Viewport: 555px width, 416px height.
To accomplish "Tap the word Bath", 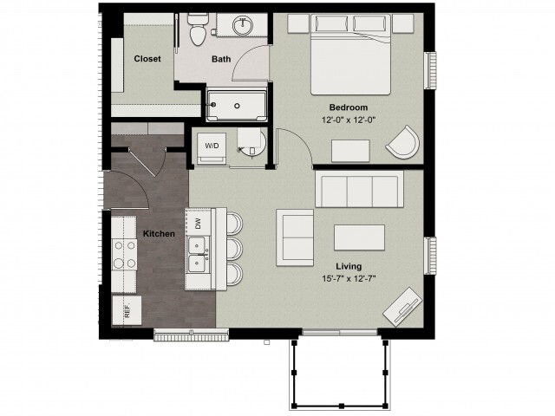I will click(221, 60).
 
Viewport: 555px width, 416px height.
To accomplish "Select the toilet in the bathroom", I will click(197, 32).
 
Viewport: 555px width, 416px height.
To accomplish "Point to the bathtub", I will click(239, 106).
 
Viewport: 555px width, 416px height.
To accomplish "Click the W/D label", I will click(212, 146).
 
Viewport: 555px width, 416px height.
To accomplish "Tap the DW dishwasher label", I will click(198, 223).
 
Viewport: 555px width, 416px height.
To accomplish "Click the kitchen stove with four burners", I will click(125, 255).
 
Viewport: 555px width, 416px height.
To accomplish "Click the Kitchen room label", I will click(159, 234).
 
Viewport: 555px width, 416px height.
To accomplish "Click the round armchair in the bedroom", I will click(402, 142).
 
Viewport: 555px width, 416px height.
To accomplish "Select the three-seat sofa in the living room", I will click(358, 188).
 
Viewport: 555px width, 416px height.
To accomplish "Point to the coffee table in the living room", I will click(360, 237).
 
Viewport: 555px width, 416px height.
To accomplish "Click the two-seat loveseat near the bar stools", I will click(295, 237).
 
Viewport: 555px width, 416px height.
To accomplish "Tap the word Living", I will click(348, 266).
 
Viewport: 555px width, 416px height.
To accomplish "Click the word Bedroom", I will click(348, 107).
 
